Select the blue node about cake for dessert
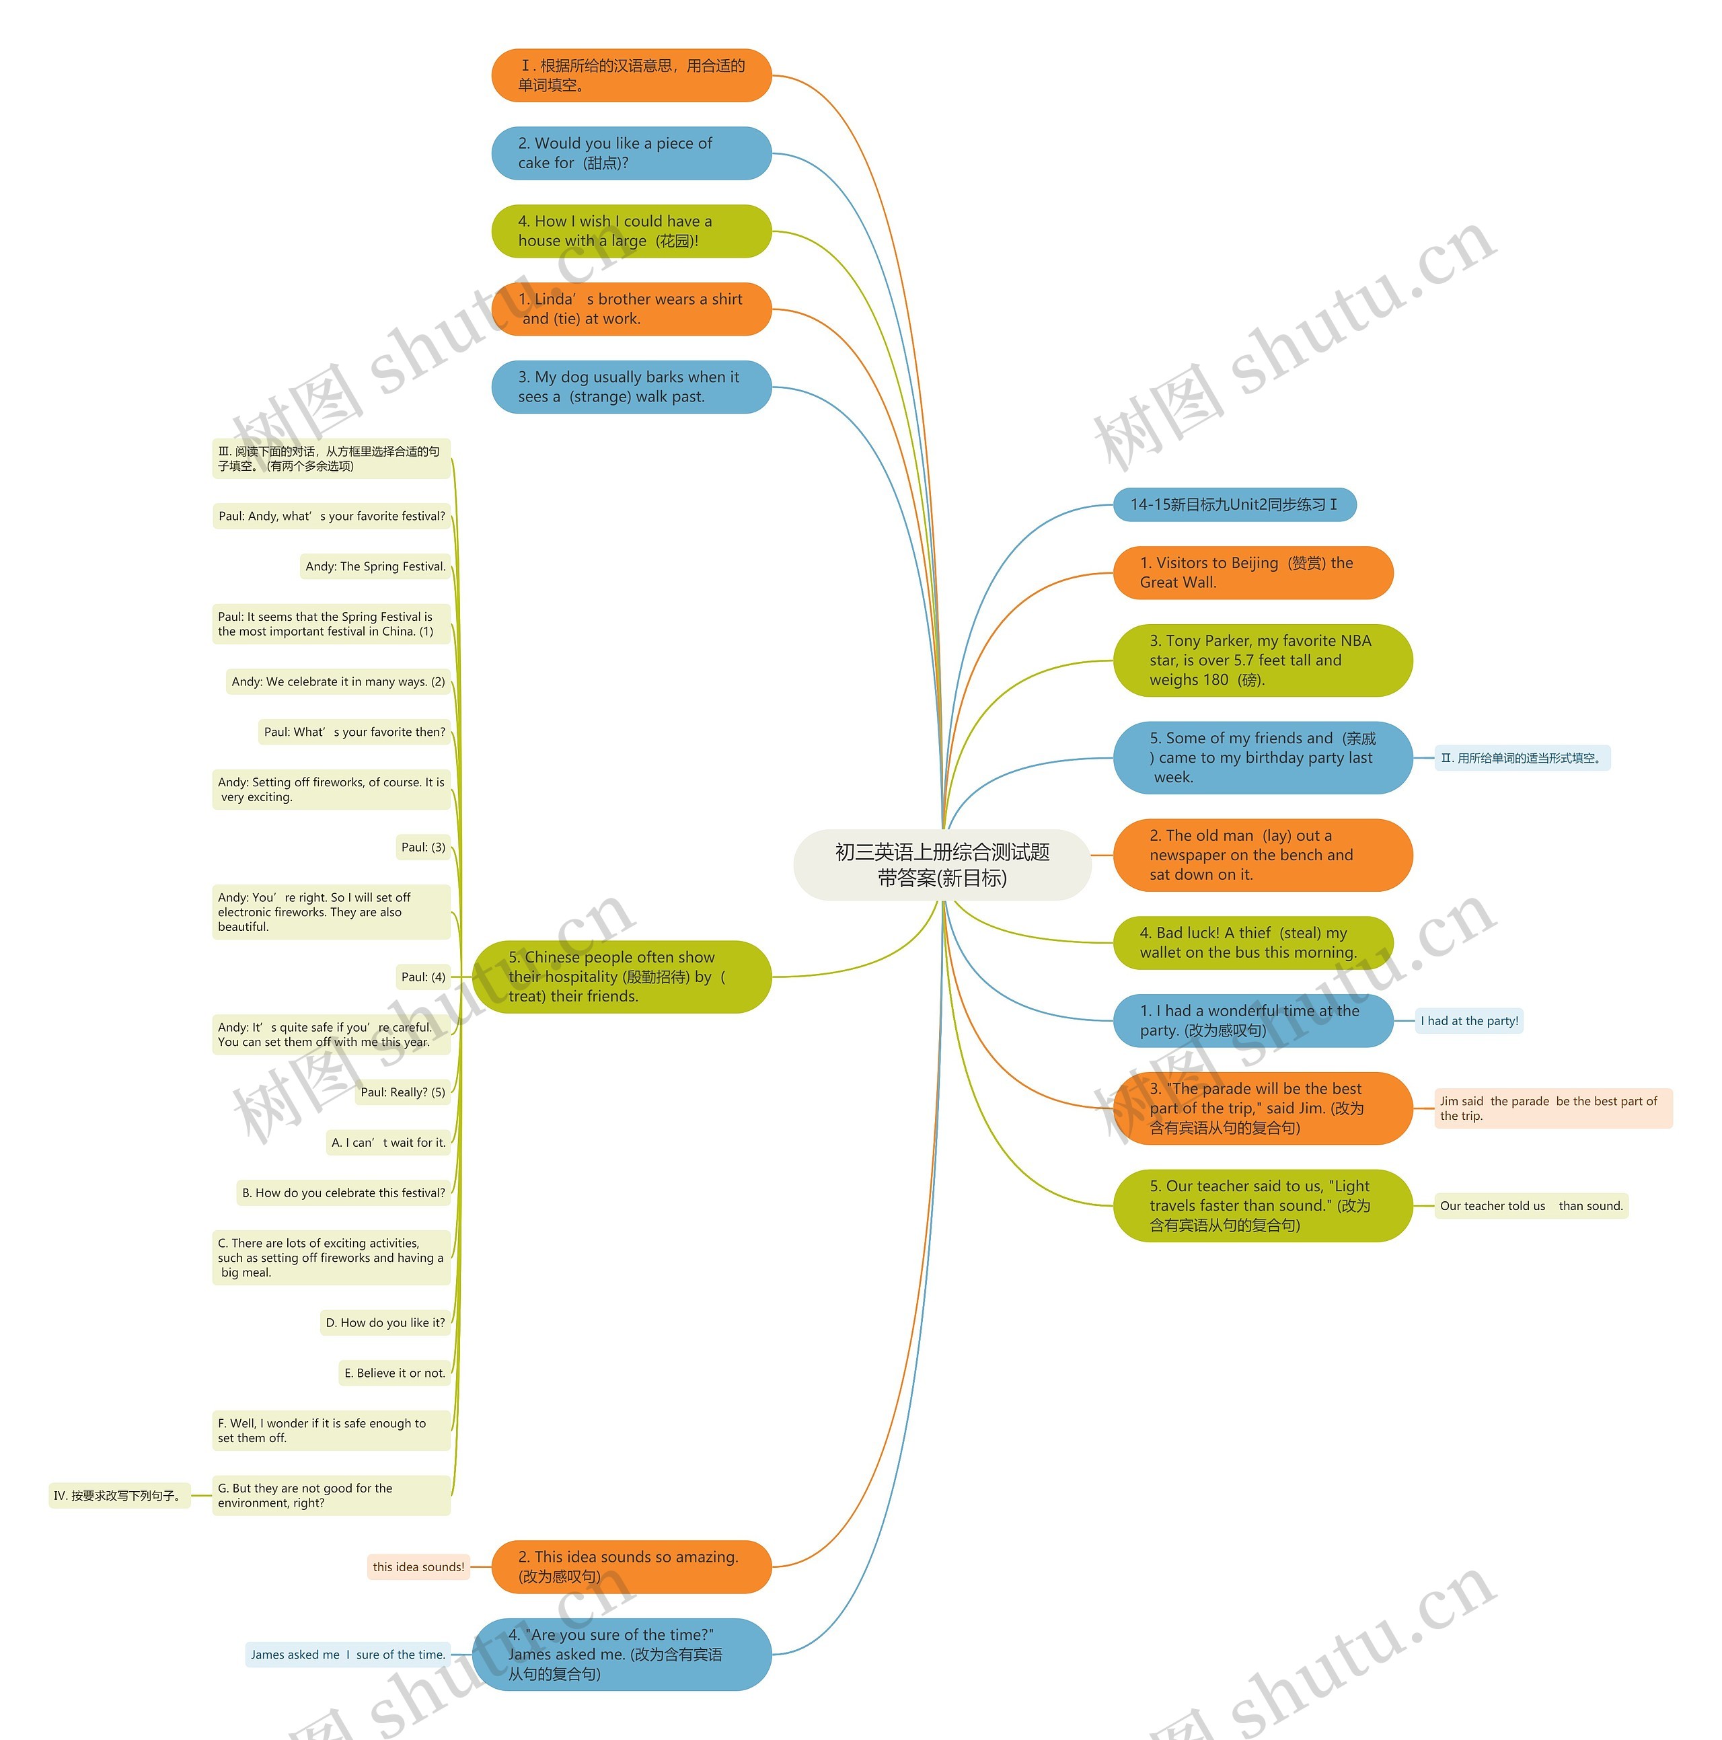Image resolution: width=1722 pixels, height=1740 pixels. click(630, 153)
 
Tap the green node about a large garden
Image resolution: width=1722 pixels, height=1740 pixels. click(630, 231)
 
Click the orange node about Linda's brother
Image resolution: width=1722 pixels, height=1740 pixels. click(630, 309)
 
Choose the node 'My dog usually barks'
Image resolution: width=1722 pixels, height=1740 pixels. click(630, 387)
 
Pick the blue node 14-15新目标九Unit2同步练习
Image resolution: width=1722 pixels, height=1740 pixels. click(1234, 504)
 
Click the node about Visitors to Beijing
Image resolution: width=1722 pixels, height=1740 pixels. click(1252, 573)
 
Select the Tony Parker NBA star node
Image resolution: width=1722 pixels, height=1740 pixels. click(1261, 660)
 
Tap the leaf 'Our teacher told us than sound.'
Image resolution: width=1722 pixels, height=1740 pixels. click(1530, 1206)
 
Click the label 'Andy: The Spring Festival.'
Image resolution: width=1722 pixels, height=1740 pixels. click(375, 566)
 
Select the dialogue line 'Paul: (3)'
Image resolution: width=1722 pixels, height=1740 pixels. click(422, 847)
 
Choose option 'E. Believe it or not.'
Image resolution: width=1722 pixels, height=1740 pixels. click(394, 1373)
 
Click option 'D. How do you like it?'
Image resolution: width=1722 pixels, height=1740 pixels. click(385, 1323)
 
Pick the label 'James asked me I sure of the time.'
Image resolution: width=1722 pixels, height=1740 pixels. click(346, 1655)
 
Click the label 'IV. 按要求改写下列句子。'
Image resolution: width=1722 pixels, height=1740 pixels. click(119, 1496)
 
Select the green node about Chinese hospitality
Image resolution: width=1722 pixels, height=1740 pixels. click(622, 977)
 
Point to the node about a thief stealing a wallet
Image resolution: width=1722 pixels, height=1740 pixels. click(1252, 943)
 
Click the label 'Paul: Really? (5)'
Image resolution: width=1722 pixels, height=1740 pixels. click(402, 1092)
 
